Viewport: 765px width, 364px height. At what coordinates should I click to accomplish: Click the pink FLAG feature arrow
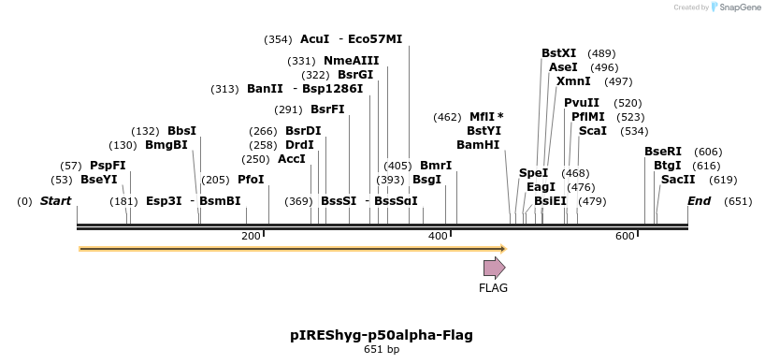coord(494,269)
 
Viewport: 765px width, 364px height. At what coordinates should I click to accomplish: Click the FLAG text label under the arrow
coord(493,288)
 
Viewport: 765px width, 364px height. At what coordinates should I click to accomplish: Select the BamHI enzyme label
coord(478,145)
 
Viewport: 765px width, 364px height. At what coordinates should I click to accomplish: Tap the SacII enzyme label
coord(678,180)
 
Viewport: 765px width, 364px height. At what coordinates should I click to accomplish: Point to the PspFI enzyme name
coord(108,166)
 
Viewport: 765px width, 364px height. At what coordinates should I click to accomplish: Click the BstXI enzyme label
coord(559,53)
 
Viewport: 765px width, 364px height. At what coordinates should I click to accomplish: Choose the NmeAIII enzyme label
coord(352,61)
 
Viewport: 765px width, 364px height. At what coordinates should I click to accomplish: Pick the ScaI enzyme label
coord(593,131)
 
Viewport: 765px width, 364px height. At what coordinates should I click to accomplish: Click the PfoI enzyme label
coord(251,180)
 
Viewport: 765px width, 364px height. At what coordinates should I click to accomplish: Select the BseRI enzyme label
coord(663,152)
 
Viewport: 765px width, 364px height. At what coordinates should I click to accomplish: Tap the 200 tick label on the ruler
coord(251,237)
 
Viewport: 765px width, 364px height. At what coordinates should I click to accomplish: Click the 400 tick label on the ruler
coord(438,237)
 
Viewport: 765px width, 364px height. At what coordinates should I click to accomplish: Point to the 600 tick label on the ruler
coord(625,237)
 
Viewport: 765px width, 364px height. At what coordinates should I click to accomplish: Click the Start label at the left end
coord(55,201)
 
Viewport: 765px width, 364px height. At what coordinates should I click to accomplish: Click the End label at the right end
coord(699,201)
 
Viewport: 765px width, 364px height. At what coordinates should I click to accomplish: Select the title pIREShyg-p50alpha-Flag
coord(382,335)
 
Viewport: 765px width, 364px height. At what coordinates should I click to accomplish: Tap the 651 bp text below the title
coord(382,350)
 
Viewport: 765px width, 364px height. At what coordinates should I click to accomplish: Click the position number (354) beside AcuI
coord(278,39)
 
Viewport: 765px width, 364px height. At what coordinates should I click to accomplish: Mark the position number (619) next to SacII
coord(723,180)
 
